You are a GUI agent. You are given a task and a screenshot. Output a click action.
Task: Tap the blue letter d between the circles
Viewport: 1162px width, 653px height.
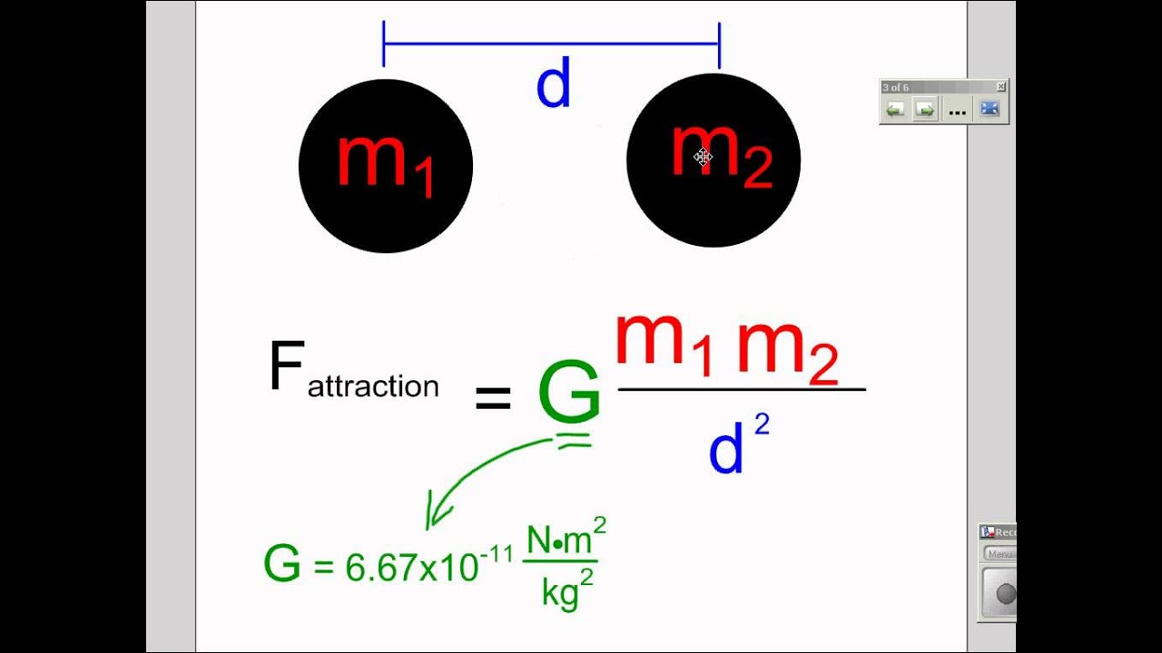[553, 86]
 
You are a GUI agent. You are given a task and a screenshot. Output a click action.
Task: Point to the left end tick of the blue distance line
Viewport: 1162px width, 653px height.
[384, 44]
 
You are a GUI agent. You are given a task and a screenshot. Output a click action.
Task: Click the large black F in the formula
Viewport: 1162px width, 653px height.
[286, 368]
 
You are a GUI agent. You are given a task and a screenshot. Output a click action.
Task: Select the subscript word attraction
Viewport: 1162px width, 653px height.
[373, 387]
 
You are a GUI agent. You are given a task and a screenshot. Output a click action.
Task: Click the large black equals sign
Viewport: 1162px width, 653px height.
[493, 397]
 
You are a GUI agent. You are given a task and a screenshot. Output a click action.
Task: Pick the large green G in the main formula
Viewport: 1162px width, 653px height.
[568, 392]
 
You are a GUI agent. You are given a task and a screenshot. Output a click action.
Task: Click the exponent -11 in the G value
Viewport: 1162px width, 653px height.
[497, 554]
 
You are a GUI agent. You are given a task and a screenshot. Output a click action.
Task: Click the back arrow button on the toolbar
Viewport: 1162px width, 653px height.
[896, 110]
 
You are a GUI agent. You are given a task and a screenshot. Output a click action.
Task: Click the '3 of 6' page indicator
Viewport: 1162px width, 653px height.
[896, 87]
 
